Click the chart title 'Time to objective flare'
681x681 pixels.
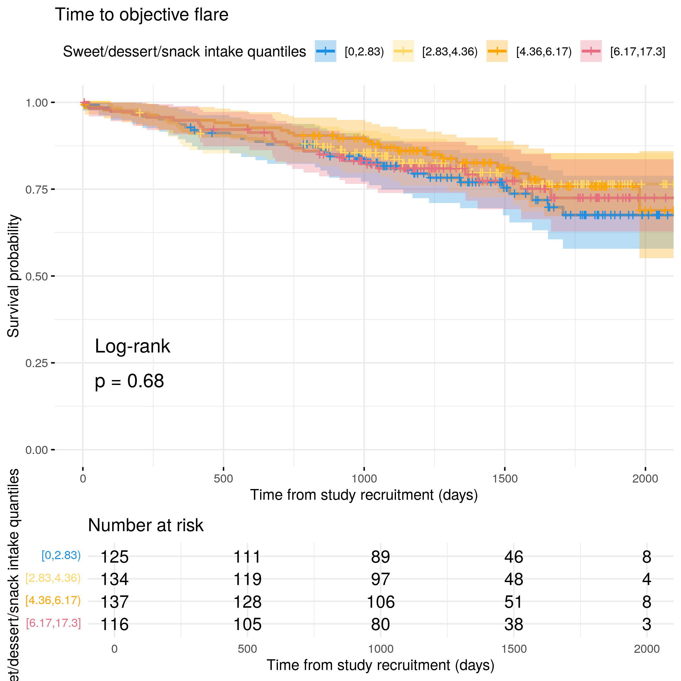[x=141, y=15]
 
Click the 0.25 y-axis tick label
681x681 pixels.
[x=36, y=363]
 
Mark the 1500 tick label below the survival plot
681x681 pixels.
[x=505, y=479]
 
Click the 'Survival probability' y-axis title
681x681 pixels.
[x=13, y=276]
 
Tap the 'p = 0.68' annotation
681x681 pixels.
[x=129, y=381]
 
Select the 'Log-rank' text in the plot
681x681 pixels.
[x=132, y=346]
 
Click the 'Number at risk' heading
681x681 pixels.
[x=146, y=525]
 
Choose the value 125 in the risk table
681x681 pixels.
[x=114, y=557]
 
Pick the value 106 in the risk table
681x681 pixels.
[x=381, y=602]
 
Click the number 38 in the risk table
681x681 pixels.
[x=514, y=624]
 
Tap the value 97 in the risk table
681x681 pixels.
[x=381, y=579]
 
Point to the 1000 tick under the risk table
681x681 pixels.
[x=381, y=649]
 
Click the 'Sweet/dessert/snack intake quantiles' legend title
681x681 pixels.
[x=184, y=52]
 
